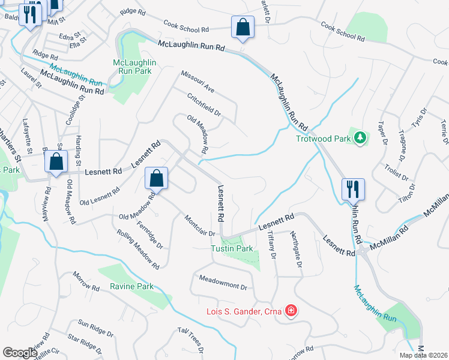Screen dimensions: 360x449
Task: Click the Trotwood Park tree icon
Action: pos(360,138)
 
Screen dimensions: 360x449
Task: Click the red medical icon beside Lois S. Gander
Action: pos(291,311)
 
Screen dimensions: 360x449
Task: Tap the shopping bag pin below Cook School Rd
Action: pos(243,26)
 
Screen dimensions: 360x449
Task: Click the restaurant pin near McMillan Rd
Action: pos(351,189)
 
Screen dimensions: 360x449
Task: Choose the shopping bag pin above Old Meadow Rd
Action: pos(156,178)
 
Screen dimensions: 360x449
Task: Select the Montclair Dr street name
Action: pos(200,225)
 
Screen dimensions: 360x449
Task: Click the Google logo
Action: pos(20,352)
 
